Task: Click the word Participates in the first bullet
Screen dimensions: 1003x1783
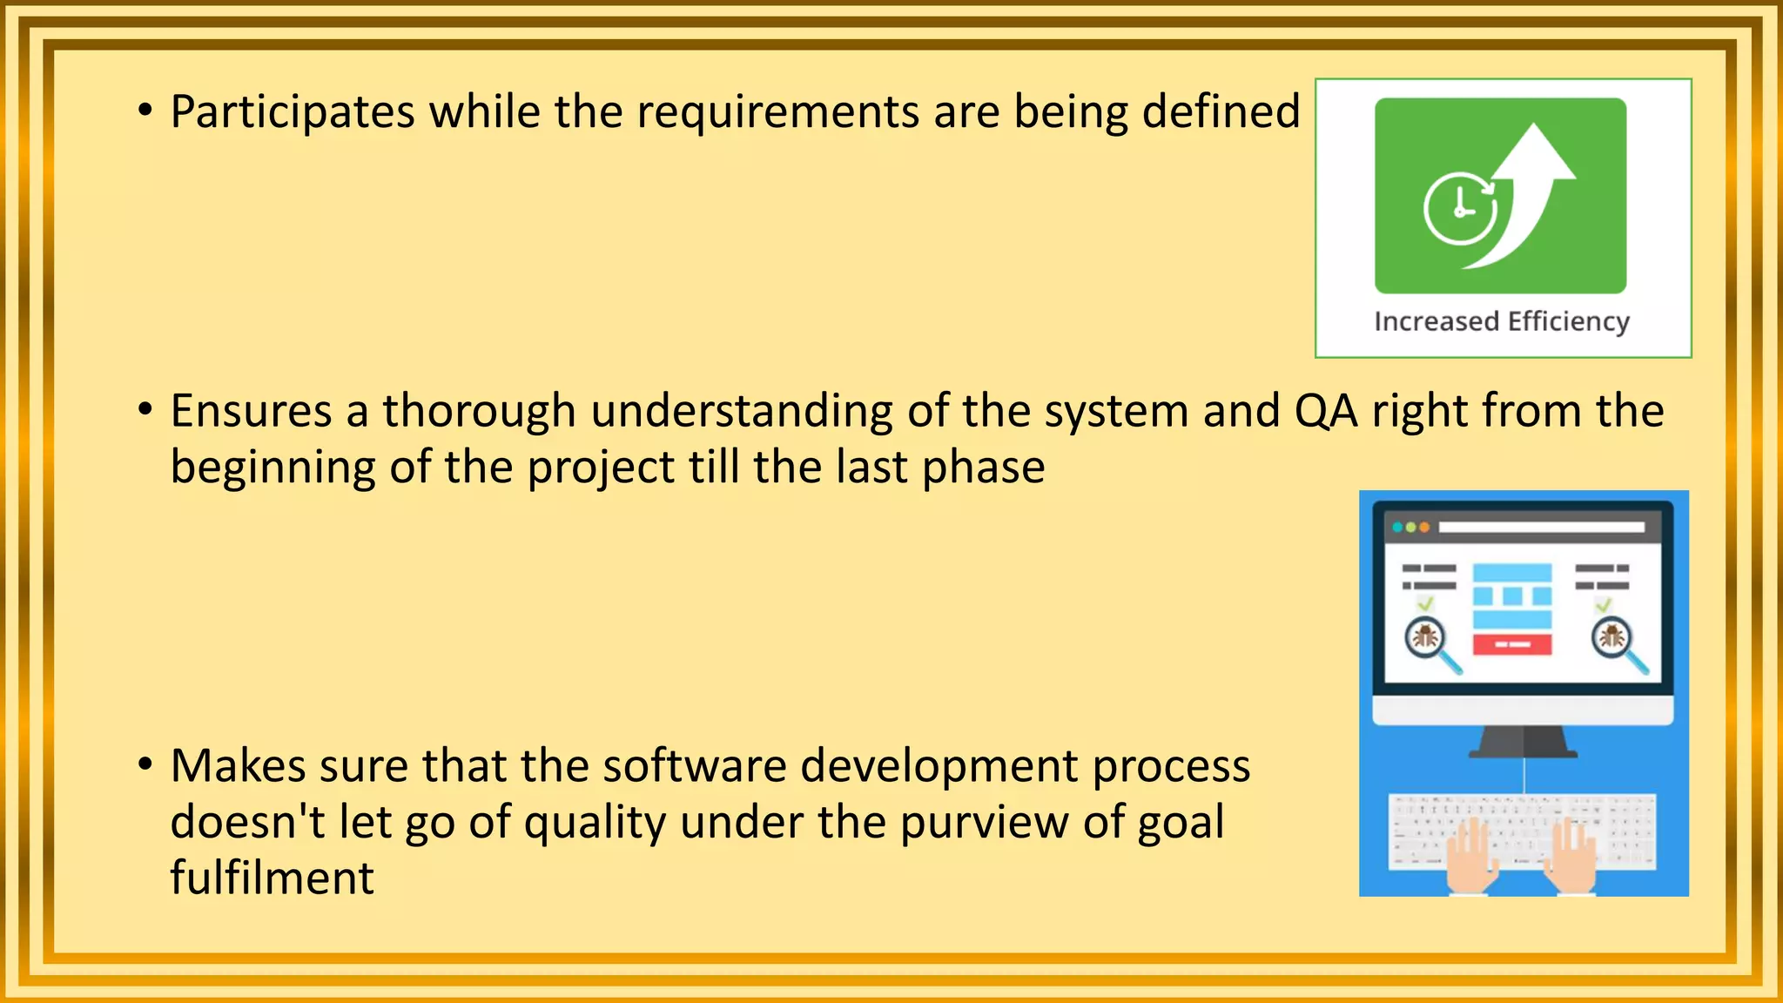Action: [293, 113]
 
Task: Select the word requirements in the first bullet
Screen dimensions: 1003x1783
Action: [777, 113]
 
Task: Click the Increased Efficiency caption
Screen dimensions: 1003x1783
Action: [1502, 321]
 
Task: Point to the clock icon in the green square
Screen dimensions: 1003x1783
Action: [1460, 209]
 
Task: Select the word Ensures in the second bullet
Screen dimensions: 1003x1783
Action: [251, 411]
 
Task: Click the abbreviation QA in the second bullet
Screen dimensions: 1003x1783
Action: [1326, 413]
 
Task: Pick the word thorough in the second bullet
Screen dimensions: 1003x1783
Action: [479, 411]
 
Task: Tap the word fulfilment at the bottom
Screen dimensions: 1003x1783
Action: [272, 878]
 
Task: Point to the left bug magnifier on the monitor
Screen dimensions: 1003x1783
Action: [1428, 640]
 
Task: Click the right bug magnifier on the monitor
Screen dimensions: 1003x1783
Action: [1615, 640]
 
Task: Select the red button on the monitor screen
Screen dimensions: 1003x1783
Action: [1512, 644]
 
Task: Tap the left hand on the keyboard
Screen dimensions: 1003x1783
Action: [1471, 858]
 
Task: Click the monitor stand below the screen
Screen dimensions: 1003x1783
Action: [1524, 742]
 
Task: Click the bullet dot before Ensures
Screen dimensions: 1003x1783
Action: [145, 409]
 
